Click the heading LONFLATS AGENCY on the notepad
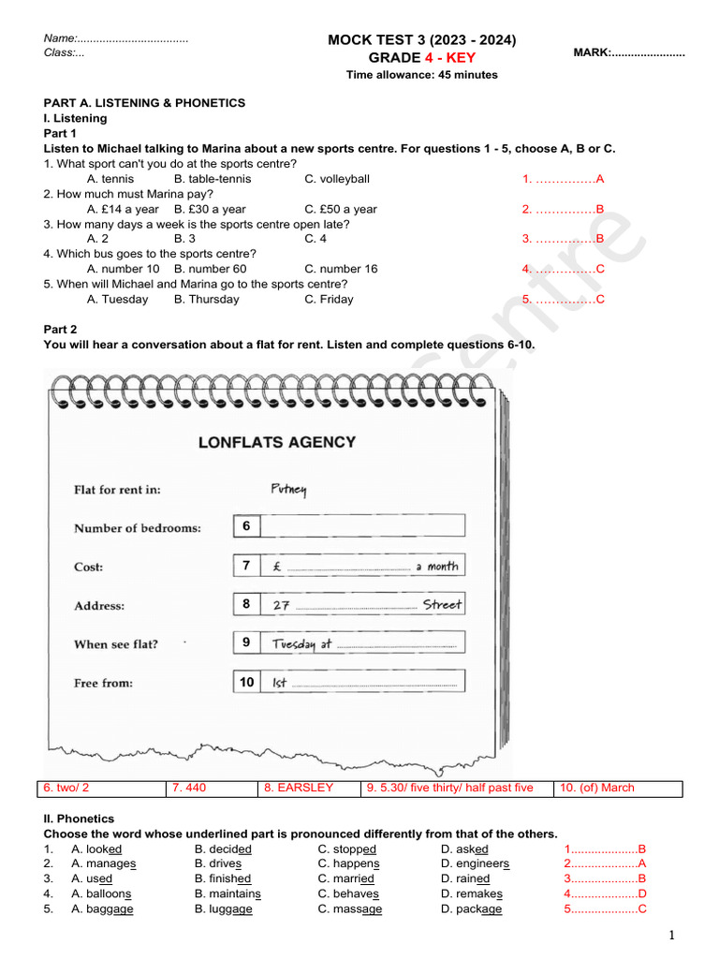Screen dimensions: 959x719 (x=277, y=442)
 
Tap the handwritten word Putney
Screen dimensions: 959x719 (x=288, y=489)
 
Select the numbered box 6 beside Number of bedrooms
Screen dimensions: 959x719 (x=246, y=526)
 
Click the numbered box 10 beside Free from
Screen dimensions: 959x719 (x=246, y=683)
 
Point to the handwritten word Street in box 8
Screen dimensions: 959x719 (x=442, y=605)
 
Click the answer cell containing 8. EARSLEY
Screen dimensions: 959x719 (x=299, y=788)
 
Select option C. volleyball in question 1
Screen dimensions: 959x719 (x=337, y=179)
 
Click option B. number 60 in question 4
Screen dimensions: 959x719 (x=210, y=269)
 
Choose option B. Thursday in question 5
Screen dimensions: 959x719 (x=206, y=300)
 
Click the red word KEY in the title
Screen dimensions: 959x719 (x=457, y=58)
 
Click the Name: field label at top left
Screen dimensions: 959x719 (x=60, y=38)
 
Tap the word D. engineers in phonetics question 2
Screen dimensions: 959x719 (x=476, y=863)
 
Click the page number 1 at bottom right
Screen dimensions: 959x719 (x=671, y=936)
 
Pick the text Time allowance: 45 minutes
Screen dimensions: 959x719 (x=421, y=75)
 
